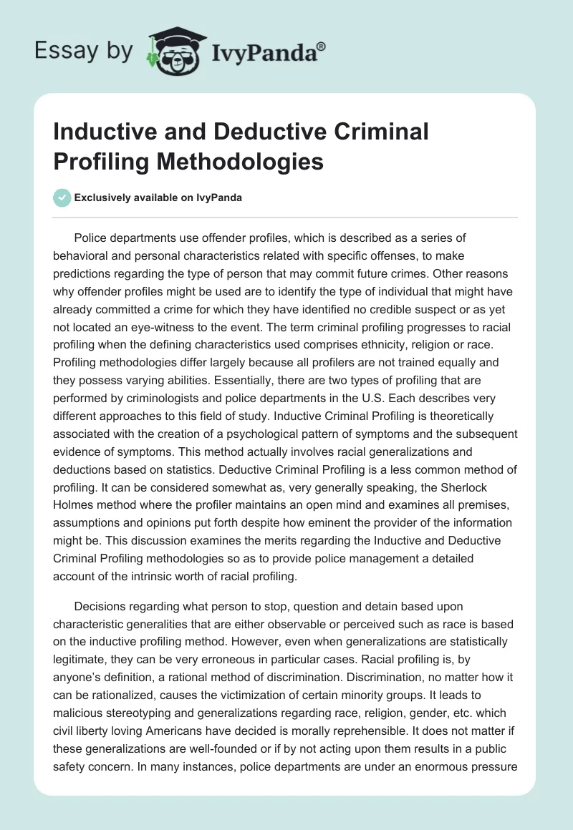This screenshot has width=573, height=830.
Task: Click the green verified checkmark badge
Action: tap(62, 197)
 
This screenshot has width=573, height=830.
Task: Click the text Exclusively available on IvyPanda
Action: tap(158, 197)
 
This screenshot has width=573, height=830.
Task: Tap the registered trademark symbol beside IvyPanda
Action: tap(322, 45)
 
